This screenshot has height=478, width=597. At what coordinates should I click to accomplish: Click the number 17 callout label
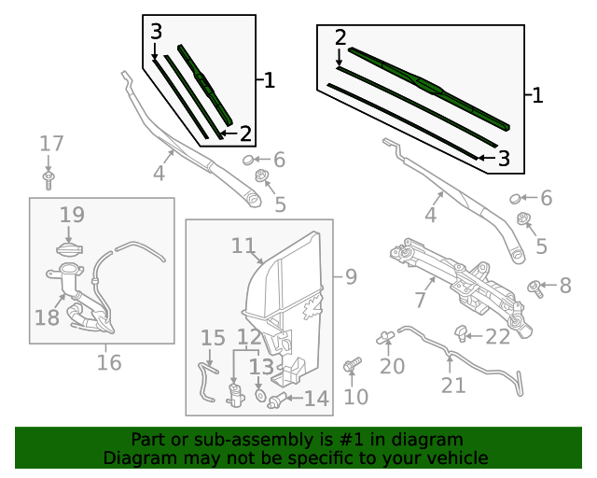point(51,144)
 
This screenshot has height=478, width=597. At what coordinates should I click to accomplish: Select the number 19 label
point(72,216)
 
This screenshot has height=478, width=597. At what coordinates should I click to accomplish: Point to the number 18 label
point(47,317)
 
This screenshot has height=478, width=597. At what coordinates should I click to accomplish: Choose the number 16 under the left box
point(109,362)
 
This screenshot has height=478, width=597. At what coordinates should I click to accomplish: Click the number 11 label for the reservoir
point(243,246)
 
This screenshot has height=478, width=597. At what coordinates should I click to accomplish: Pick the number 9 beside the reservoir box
point(351,276)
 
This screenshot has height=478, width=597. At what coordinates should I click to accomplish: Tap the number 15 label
point(213,338)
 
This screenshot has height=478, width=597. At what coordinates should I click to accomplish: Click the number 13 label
point(260,367)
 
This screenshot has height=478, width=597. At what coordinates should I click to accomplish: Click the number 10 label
point(356,396)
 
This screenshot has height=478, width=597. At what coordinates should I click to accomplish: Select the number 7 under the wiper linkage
point(421,301)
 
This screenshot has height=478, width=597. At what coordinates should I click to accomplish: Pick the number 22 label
point(498,336)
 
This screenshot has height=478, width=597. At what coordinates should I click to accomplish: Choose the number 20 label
point(392,365)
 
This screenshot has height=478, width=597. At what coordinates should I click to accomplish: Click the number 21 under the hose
point(453,385)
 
